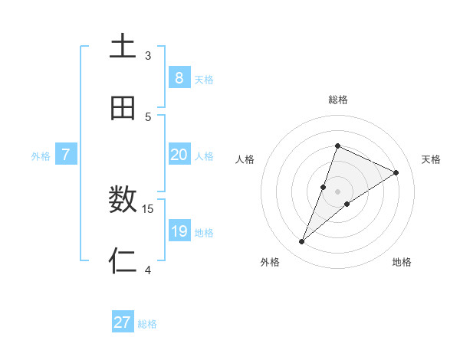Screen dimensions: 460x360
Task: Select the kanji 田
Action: (x=123, y=109)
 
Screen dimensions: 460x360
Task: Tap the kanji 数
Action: (x=123, y=201)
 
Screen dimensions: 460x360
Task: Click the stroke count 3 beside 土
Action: (x=148, y=56)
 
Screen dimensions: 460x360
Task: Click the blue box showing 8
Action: (x=179, y=78)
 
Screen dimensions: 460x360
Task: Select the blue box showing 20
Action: (x=179, y=155)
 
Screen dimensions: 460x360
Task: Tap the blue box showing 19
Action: (x=179, y=231)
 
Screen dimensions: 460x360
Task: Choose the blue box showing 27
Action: (x=123, y=322)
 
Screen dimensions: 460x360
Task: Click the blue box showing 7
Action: (x=66, y=155)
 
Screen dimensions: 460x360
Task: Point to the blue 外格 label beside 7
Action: (x=41, y=156)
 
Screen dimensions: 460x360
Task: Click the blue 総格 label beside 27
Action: (x=147, y=324)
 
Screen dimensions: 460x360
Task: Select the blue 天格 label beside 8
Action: (x=204, y=80)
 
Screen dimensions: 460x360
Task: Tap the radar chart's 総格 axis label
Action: (x=337, y=100)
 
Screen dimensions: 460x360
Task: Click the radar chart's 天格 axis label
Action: (x=431, y=159)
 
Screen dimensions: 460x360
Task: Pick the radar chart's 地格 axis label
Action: (x=402, y=262)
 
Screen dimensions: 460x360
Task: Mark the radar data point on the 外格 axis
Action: (x=302, y=242)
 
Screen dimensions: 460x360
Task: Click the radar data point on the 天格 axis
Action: (x=396, y=173)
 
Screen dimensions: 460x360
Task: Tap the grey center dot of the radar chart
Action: (x=337, y=191)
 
